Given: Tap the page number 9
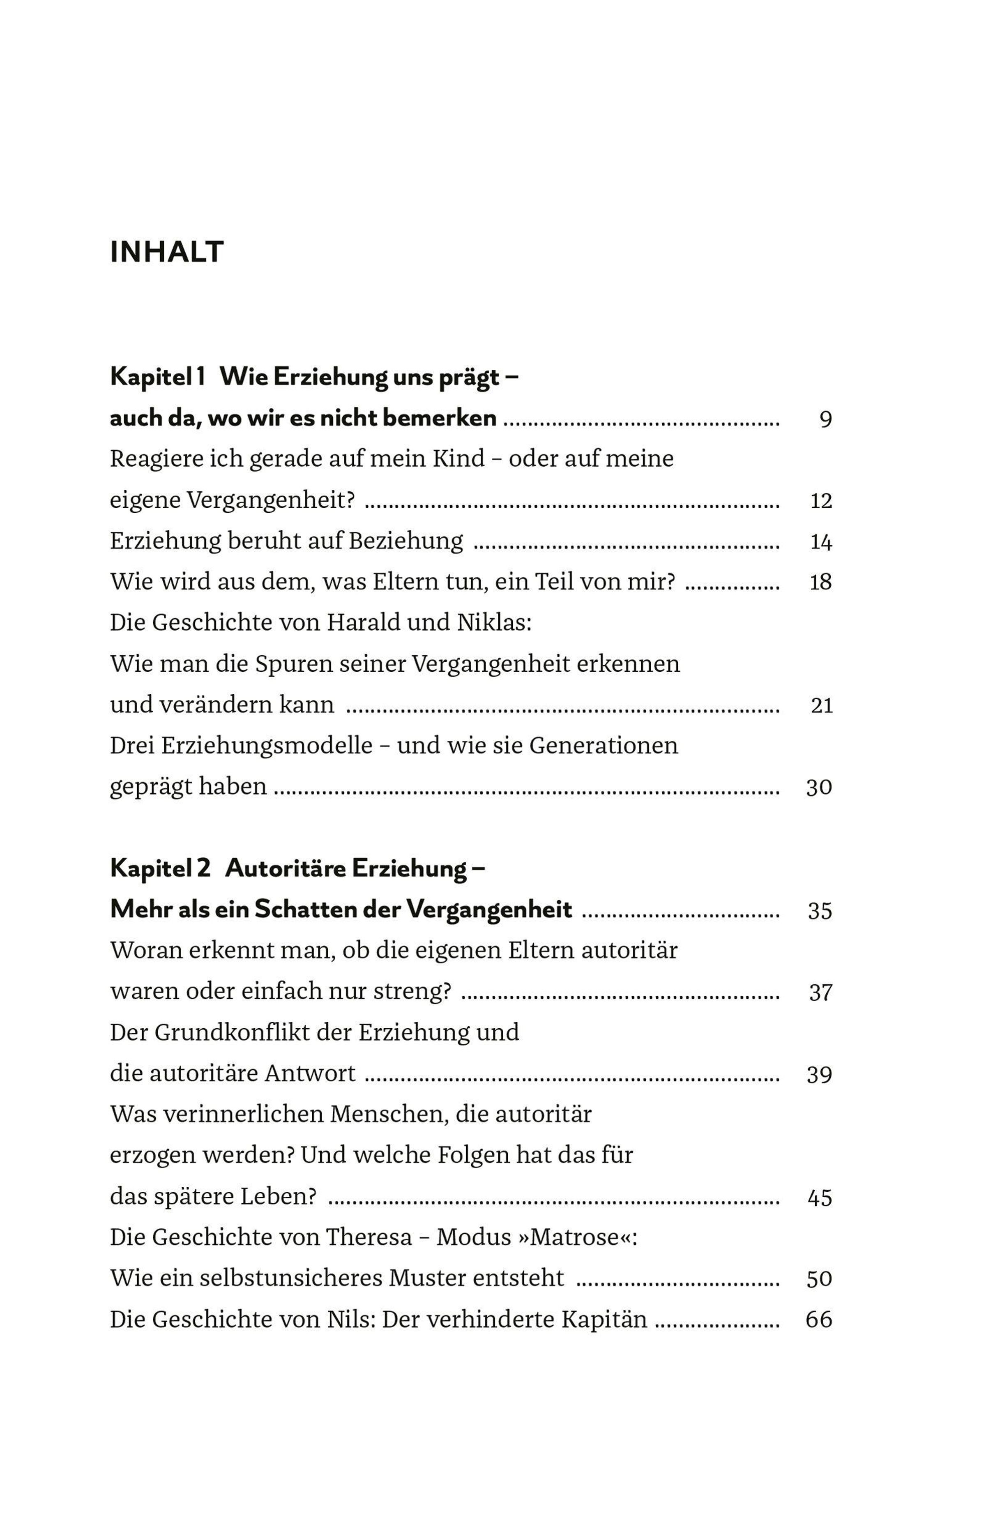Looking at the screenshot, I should click(825, 420).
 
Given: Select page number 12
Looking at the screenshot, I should click(821, 501).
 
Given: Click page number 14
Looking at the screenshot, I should click(821, 542).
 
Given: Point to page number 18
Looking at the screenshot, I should click(821, 583).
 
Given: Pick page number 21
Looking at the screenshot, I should click(821, 705).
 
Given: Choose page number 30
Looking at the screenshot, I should click(819, 788).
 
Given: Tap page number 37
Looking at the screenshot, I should click(820, 993).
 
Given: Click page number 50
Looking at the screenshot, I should click(819, 1279).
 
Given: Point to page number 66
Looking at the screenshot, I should click(819, 1320).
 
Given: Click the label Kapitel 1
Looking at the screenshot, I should click(157, 377).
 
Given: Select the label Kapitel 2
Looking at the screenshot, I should click(160, 869).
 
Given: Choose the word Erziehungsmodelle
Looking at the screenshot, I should click(266, 746).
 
